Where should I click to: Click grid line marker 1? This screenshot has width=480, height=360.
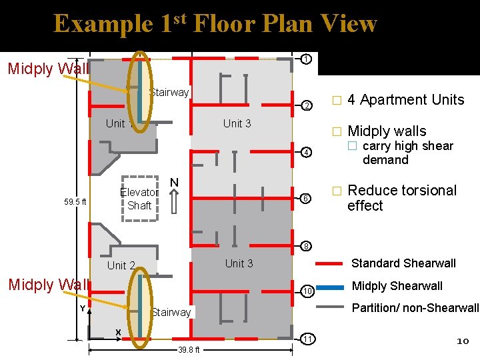[x=306, y=59]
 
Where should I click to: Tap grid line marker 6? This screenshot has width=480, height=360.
[x=305, y=199]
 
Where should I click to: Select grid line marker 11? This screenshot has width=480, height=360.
[x=307, y=339]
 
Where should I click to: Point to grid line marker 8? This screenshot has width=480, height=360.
[x=306, y=246]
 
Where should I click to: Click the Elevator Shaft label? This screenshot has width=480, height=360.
[x=139, y=199]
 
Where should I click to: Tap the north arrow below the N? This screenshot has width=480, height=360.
[x=174, y=201]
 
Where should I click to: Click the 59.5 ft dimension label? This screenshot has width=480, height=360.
[x=75, y=202]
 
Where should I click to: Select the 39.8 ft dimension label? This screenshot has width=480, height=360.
[x=189, y=349]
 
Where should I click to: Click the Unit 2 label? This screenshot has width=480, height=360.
[x=121, y=265]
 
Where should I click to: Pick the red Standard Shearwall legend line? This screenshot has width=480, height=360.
[x=329, y=263]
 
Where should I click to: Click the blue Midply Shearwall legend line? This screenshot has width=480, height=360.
[x=330, y=287]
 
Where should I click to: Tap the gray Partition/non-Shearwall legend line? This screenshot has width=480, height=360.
[x=330, y=307]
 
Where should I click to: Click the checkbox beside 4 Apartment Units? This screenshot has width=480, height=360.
[x=337, y=101]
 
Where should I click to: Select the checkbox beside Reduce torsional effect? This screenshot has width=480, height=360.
[x=337, y=191]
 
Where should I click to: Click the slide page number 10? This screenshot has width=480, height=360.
[x=463, y=341]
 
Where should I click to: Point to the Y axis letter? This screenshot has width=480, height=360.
[x=83, y=308]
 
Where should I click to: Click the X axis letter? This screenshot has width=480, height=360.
[x=118, y=332]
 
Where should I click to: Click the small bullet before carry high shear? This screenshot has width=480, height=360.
[x=353, y=145]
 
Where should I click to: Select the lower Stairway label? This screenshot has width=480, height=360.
[x=171, y=312]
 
